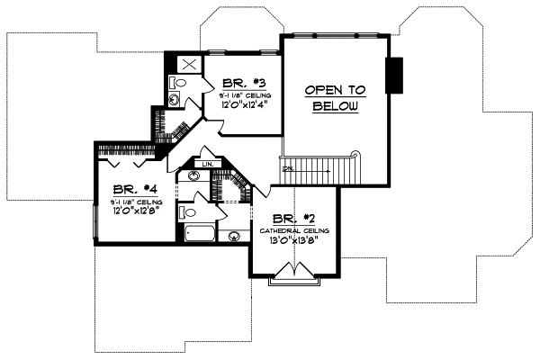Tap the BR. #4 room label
[x=131, y=190]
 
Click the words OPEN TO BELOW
[x=336, y=98]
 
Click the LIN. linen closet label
[x=206, y=165]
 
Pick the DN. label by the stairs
[x=288, y=169]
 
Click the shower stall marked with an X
[x=190, y=65]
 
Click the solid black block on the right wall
[x=393, y=75]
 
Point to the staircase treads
[x=324, y=166]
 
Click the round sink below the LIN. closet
[x=193, y=177]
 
